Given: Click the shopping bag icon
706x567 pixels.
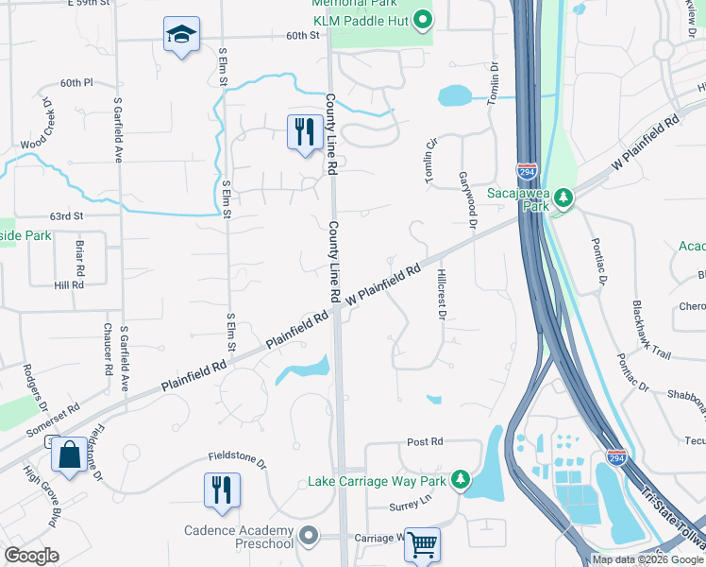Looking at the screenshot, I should coord(70,455).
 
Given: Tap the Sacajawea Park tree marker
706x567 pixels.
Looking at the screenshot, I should coord(563,198).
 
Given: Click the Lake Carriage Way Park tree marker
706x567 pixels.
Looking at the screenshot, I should coord(461,480).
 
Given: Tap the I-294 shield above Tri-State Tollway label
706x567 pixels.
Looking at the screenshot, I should coord(616,457).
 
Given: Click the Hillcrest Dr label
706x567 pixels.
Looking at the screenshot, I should coord(441,294).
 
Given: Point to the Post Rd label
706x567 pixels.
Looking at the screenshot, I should coord(425,441).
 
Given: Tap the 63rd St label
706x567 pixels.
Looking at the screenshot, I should coord(67,215).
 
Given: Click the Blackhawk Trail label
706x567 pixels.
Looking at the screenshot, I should coord(652,328).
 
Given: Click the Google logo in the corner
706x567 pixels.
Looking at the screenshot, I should coord(31,556).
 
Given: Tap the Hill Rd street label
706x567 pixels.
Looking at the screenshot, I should coord(69,284).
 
